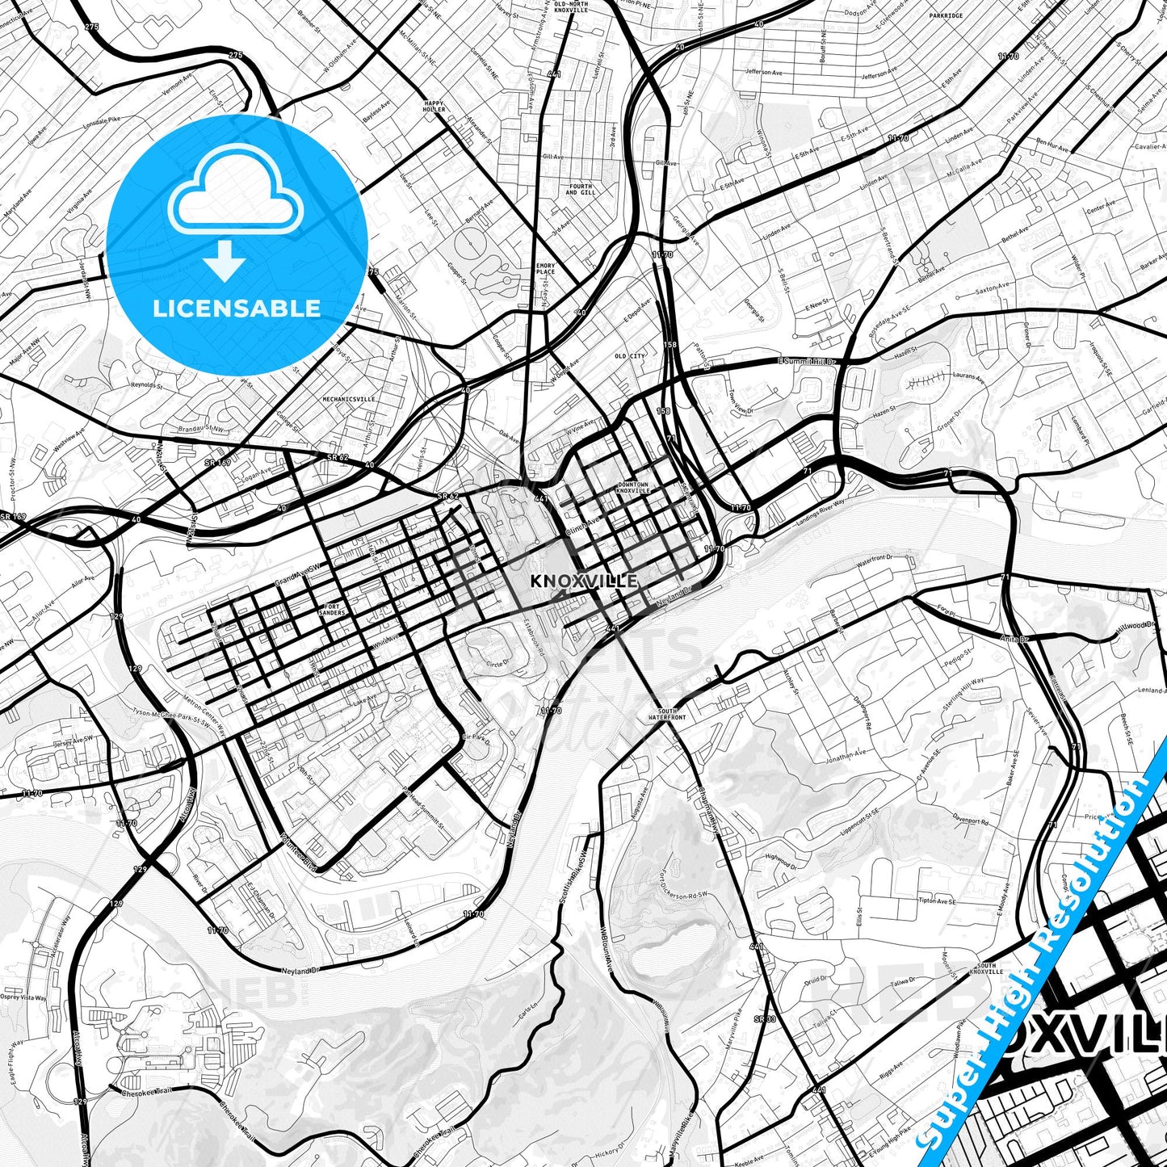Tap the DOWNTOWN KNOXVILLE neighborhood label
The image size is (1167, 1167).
click(x=632, y=487)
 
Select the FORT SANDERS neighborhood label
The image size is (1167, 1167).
click(x=332, y=609)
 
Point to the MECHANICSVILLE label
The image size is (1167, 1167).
click(x=349, y=399)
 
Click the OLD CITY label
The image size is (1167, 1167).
click(x=630, y=356)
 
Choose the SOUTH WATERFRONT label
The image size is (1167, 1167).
click(x=666, y=714)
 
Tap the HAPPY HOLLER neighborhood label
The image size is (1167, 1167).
click(x=434, y=106)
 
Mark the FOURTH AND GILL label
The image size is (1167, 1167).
click(x=580, y=189)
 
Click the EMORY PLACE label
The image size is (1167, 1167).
click(x=546, y=268)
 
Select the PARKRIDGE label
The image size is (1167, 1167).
click(x=946, y=15)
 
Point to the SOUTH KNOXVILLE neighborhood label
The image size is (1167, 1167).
click(x=985, y=968)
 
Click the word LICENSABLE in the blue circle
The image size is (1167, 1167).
click(x=237, y=308)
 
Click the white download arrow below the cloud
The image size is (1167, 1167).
click(x=225, y=262)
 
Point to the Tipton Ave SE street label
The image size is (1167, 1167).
click(x=937, y=900)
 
